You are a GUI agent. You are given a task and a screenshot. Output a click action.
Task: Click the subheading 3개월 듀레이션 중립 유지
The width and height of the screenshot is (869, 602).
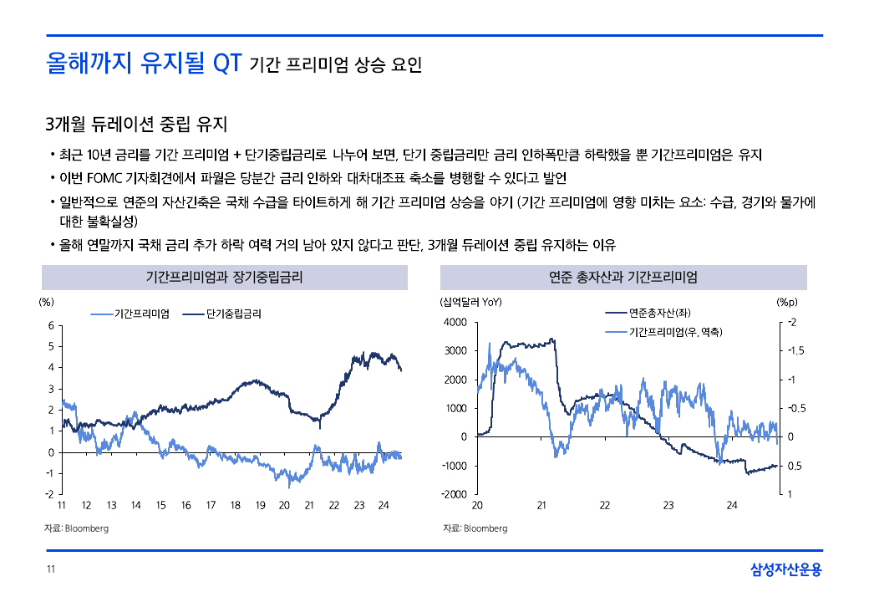(x=137, y=125)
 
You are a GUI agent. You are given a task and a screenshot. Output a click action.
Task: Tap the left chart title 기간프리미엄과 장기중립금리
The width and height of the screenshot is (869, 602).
(x=225, y=278)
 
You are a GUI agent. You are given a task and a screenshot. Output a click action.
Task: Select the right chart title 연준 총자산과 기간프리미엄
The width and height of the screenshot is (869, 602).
(x=623, y=278)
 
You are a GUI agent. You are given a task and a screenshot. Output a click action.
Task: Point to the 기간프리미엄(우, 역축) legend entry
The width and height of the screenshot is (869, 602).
(x=674, y=333)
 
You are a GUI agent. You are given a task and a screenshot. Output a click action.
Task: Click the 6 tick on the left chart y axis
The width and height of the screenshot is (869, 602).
(x=51, y=325)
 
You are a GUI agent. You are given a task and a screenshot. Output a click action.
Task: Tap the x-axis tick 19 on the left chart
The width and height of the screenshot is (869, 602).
(x=260, y=505)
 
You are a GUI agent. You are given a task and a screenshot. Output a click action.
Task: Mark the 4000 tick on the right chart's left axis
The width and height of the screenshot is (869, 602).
(x=456, y=323)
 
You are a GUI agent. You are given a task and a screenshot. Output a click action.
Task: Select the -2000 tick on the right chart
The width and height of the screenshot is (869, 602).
(x=455, y=494)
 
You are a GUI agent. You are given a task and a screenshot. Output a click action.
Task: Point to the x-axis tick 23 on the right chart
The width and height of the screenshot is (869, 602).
(x=668, y=505)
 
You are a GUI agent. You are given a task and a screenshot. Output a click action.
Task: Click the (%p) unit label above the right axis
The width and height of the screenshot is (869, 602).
(x=787, y=302)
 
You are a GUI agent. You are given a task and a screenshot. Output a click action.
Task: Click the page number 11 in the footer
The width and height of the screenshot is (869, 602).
(x=50, y=570)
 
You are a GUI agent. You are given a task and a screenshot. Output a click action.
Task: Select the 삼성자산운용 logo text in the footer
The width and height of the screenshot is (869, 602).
(x=785, y=570)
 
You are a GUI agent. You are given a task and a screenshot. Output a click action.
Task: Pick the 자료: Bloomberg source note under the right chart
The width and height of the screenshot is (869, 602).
(x=475, y=528)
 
